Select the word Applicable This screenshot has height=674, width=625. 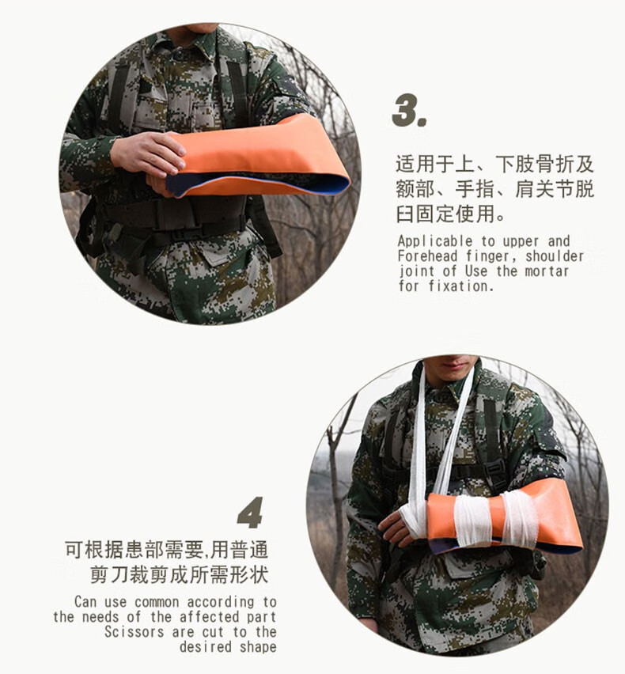(431, 241)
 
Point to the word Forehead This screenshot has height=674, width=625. (428, 256)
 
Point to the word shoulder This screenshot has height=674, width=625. (554, 256)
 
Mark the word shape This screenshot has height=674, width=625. (259, 646)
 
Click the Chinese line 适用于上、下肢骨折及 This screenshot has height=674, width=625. (494, 165)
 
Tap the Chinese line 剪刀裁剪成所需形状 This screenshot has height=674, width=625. (178, 574)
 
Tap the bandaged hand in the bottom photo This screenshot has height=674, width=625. (402, 524)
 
